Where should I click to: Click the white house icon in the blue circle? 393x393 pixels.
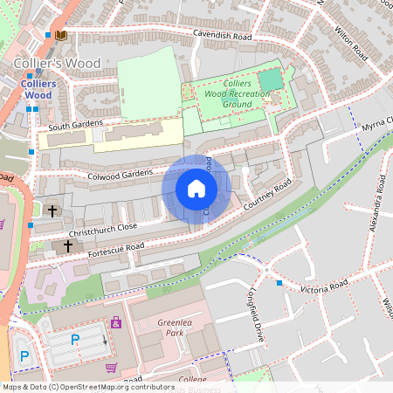(196, 189)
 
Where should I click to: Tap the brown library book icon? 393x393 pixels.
(60, 36)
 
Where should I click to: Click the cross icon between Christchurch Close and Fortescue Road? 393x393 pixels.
(67, 247)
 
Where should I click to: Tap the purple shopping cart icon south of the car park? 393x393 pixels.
(111, 367)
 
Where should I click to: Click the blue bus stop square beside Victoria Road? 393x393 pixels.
(279, 283)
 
